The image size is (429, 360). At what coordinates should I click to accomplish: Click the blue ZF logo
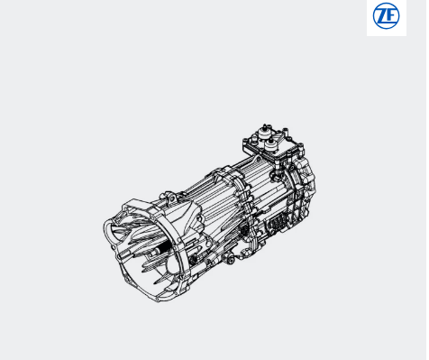(x=386, y=16)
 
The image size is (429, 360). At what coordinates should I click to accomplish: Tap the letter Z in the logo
(x=382, y=16)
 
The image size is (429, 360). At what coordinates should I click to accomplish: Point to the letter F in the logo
(x=391, y=16)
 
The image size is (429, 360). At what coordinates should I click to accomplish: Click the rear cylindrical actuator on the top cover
(x=264, y=132)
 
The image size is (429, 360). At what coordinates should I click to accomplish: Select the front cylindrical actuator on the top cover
(x=271, y=145)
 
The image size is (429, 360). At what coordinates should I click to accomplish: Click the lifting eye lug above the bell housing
(x=171, y=199)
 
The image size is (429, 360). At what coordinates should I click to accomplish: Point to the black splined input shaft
(x=161, y=249)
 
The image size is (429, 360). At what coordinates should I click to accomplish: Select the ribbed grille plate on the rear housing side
(x=278, y=224)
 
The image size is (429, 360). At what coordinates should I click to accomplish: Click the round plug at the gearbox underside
(x=230, y=259)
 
